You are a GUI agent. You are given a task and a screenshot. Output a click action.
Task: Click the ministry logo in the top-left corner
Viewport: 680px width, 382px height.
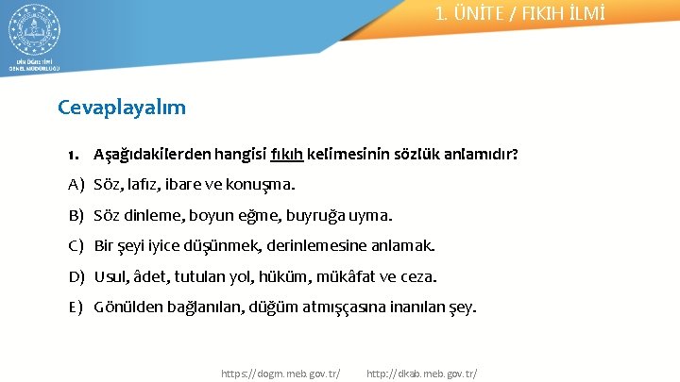[x=33, y=33]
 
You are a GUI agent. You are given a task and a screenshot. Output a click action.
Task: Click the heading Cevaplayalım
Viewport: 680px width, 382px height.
[x=122, y=107]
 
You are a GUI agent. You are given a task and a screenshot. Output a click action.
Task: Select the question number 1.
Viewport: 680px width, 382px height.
[x=74, y=154]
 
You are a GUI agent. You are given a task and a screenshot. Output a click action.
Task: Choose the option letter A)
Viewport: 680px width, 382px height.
[x=76, y=184]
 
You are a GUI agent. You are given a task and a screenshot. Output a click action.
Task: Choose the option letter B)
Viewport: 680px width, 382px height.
[x=76, y=215]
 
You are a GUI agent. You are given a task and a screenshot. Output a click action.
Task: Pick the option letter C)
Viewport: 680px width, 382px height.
[x=76, y=246]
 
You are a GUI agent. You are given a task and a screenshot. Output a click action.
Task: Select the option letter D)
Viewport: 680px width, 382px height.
[x=76, y=277]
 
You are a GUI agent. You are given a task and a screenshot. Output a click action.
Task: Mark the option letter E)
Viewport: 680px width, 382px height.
[x=76, y=307]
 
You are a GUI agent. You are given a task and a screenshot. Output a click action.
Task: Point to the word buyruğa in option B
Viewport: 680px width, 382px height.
[x=322, y=215]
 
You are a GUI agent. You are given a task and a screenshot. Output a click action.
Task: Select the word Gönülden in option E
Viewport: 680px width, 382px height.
[x=127, y=307]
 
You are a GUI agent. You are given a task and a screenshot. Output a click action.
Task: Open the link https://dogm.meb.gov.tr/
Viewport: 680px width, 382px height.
[x=280, y=374]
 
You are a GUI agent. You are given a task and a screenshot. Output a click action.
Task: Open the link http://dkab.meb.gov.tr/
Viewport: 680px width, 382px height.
[x=421, y=374]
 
